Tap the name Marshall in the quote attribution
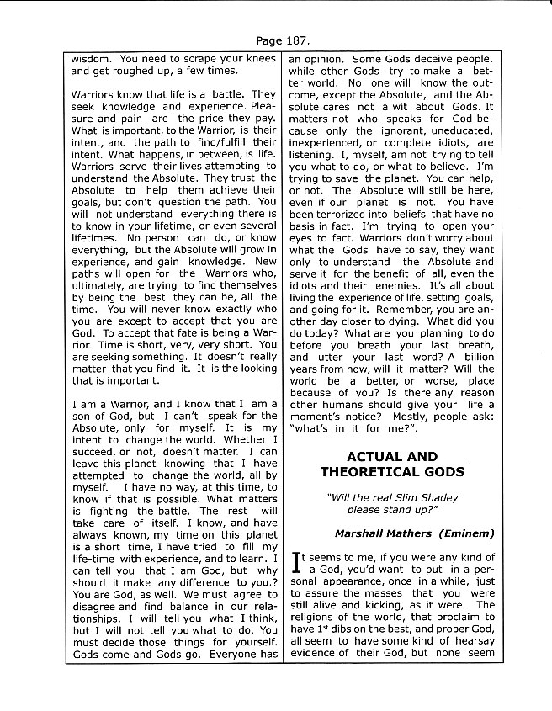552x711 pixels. tap(364, 533)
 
